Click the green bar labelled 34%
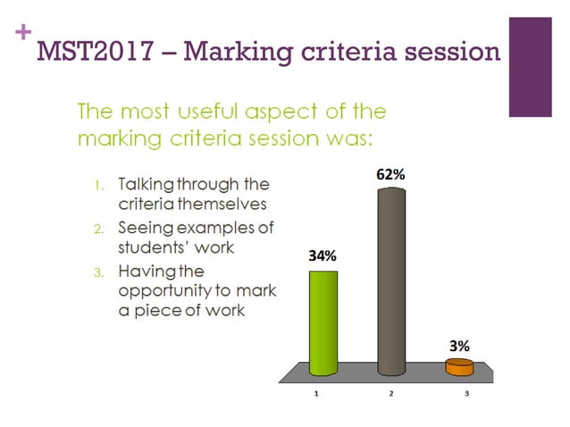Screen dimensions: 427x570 (x=323, y=322)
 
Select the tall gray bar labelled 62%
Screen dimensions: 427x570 (x=391, y=286)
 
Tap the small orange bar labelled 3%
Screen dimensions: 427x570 (x=459, y=366)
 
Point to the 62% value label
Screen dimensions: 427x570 (x=390, y=175)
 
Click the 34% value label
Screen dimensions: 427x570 (x=323, y=255)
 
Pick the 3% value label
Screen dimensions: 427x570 (x=459, y=345)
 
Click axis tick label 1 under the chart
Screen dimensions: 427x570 (x=316, y=393)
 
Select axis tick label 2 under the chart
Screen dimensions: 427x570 (x=391, y=393)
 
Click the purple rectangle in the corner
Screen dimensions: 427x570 (x=530, y=67)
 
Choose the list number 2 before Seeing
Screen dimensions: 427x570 (x=99, y=228)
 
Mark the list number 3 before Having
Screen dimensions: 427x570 (x=99, y=270)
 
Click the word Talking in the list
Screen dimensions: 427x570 (x=149, y=185)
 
